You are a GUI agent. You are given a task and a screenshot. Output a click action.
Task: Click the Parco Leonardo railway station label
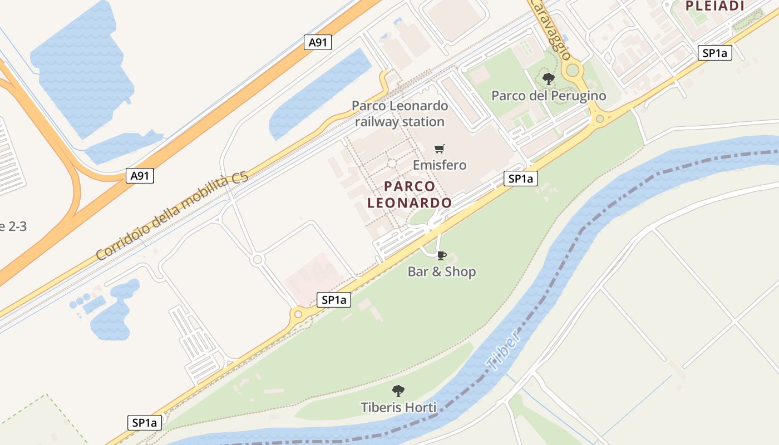point(400,113)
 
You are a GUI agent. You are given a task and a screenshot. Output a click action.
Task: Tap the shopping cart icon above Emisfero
point(440,149)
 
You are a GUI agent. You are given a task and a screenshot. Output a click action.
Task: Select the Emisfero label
point(440,165)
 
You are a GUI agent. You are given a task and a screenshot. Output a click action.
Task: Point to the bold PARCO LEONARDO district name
point(410,195)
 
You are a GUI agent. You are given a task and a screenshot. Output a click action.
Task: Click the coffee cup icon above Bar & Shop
point(441,255)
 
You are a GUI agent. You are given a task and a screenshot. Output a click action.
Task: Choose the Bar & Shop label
point(442,271)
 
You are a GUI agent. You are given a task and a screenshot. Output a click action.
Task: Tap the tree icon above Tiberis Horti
point(398,390)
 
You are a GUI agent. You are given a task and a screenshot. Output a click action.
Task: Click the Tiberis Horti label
point(398,407)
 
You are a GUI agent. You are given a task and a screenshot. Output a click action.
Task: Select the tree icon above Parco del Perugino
point(549,79)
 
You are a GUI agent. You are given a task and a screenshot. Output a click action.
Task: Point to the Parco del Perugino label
point(549,96)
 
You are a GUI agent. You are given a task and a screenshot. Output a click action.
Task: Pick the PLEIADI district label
point(714,6)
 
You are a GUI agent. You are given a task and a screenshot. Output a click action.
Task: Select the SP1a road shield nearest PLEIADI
point(714,53)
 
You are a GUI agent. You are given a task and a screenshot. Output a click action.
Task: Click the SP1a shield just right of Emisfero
point(521,179)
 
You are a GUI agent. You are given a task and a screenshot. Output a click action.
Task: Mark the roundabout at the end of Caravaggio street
point(573,70)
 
